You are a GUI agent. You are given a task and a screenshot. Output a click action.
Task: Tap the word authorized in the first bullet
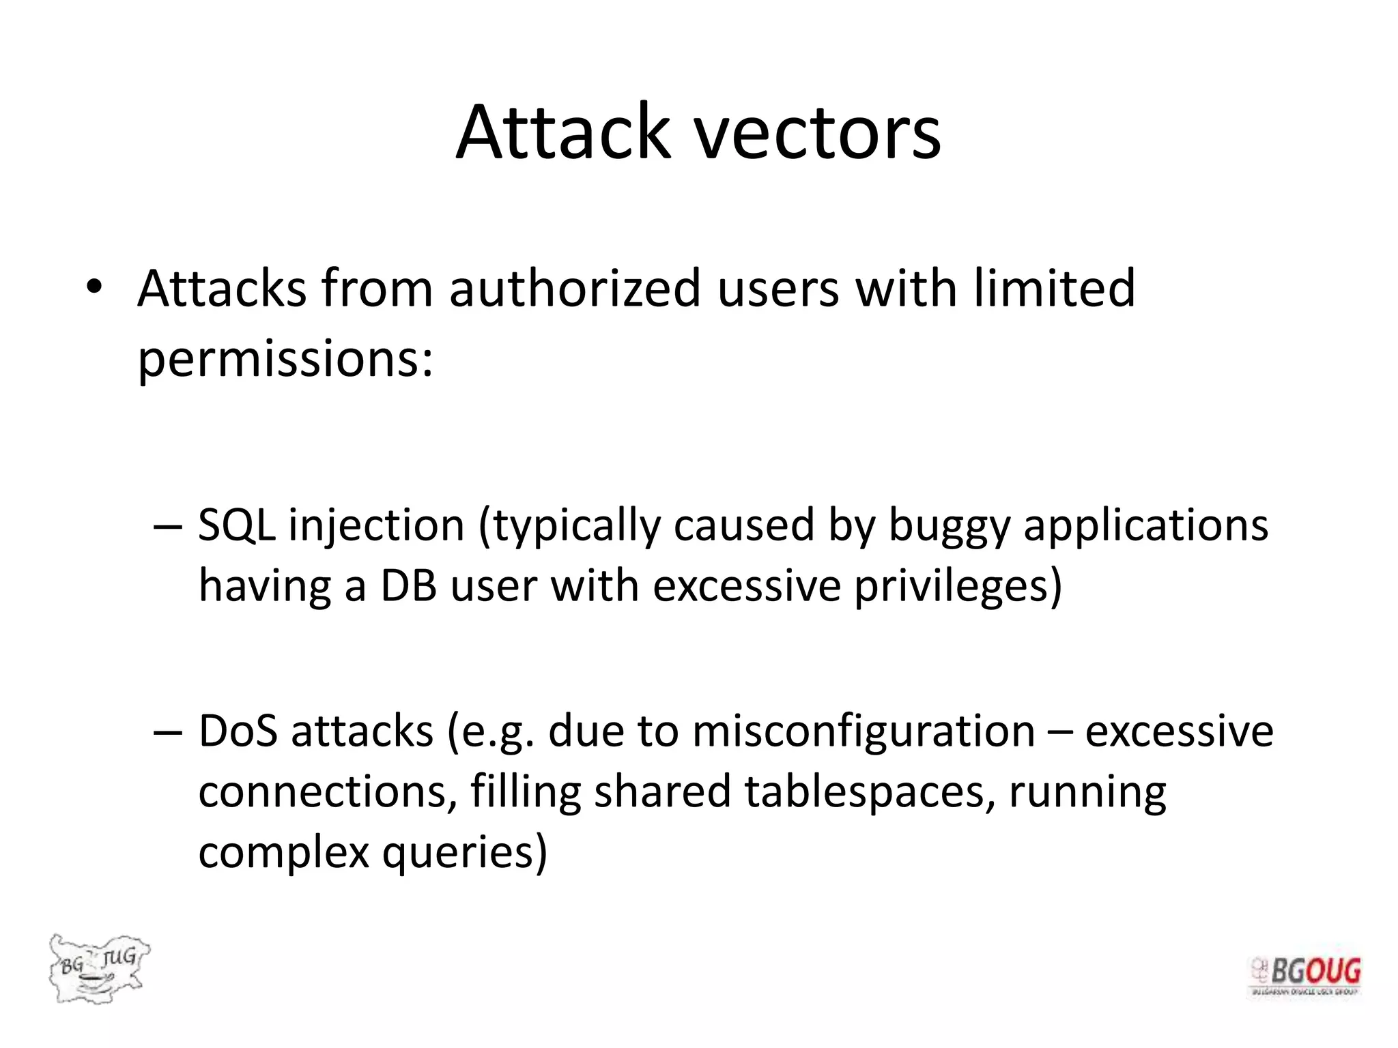(x=575, y=289)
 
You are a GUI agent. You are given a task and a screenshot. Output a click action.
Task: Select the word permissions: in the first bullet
(x=285, y=360)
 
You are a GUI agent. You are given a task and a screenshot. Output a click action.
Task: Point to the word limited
(x=1055, y=287)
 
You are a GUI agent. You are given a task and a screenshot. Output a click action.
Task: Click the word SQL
(x=236, y=525)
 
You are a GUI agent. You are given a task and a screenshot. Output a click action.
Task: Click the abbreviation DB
(x=408, y=586)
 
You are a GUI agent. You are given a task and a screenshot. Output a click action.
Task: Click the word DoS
(x=238, y=731)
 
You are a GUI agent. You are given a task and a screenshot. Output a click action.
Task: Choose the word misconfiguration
(x=863, y=731)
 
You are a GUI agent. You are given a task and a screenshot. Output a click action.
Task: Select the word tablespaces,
(x=870, y=791)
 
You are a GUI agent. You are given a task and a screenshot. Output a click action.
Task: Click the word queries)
(x=464, y=853)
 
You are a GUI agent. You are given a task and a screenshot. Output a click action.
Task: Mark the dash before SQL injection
(x=168, y=526)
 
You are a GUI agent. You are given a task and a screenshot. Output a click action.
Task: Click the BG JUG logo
(x=98, y=968)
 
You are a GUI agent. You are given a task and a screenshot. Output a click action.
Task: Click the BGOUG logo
(x=1304, y=976)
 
